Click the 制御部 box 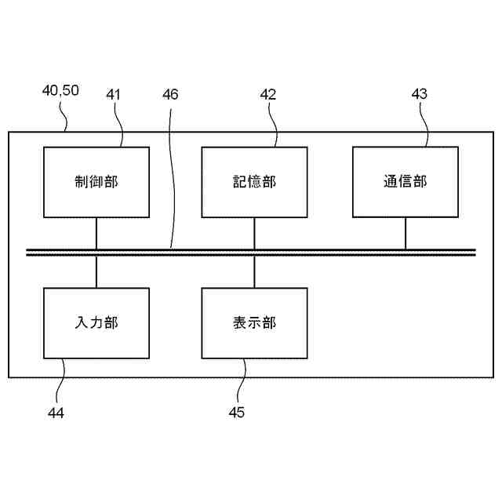(x=96, y=182)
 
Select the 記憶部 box (x=254, y=182)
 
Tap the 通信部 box (x=406, y=181)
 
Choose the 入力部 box (x=96, y=322)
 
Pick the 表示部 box (x=254, y=322)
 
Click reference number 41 (x=114, y=94)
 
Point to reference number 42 (x=268, y=94)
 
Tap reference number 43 (x=420, y=94)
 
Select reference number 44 (x=55, y=412)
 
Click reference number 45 (x=236, y=412)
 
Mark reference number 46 (x=170, y=94)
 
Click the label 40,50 (x=60, y=90)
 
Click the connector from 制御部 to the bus (x=96, y=233)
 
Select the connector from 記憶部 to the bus (x=254, y=233)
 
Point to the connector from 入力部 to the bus (x=96, y=271)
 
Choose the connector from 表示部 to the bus (x=254, y=271)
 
